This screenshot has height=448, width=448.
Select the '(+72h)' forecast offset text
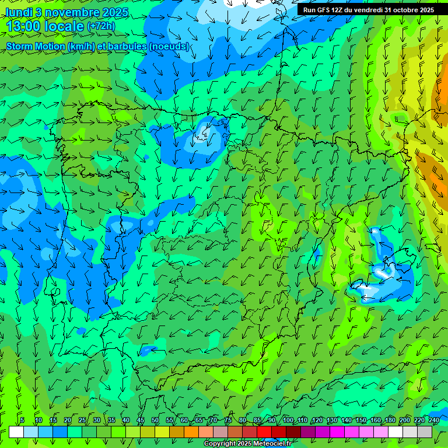point(101,26)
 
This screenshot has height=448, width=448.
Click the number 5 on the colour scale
point(22,420)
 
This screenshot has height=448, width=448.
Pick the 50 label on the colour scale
point(155,420)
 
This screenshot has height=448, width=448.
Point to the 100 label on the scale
point(288,420)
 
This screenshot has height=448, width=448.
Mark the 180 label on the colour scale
point(389,420)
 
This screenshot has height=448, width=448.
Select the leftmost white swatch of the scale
point(16,432)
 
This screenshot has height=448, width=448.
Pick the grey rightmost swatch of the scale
point(425,432)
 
